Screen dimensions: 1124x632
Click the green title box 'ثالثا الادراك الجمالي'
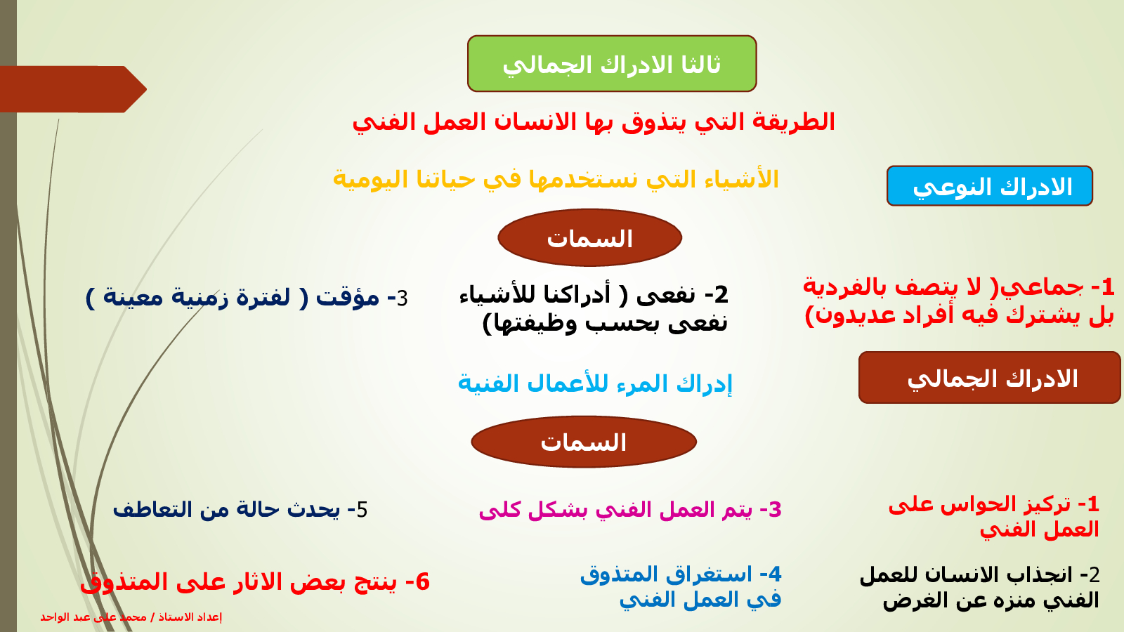click(612, 64)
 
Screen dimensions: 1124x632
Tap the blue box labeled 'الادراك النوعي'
click(990, 185)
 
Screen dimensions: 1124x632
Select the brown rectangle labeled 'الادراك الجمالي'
click(989, 378)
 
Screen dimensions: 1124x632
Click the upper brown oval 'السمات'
click(589, 238)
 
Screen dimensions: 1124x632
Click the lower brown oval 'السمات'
click(584, 442)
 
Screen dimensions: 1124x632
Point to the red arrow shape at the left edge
click(73, 89)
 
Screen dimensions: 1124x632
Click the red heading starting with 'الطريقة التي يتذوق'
click(594, 122)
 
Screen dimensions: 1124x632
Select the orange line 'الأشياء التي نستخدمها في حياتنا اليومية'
click(556, 180)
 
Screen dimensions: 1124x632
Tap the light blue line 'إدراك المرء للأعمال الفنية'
click(595, 384)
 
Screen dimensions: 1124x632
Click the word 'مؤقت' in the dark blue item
click(348, 297)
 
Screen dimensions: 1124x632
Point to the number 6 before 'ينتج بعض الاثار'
click(423, 582)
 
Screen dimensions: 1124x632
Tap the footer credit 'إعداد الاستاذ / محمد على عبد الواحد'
click(131, 617)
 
